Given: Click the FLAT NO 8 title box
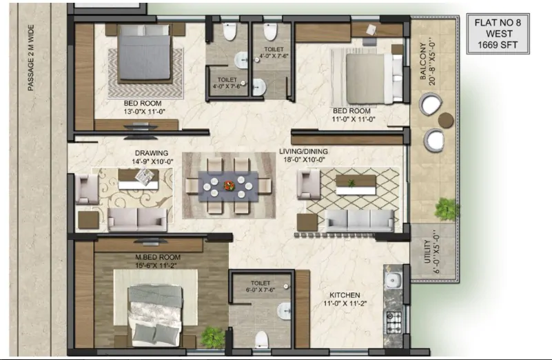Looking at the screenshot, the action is (x=498, y=34).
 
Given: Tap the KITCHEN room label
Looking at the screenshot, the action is (x=345, y=295).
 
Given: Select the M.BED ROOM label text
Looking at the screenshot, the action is (x=158, y=257).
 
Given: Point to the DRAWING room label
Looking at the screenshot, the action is (x=152, y=153).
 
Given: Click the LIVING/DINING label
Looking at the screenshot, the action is (x=303, y=152).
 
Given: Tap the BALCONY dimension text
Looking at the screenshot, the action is (x=427, y=63).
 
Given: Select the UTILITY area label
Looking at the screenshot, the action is (x=427, y=252).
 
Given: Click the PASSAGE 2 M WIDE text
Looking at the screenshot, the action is (x=31, y=58).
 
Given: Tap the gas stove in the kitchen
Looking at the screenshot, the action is (x=394, y=322).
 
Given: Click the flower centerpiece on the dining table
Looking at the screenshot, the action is (x=229, y=186).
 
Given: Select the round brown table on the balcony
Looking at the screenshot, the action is (x=446, y=120).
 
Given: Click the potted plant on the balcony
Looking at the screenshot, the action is (x=447, y=209).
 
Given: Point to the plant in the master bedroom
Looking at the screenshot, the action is (x=212, y=337).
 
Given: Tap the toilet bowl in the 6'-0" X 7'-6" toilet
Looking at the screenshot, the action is (x=262, y=339).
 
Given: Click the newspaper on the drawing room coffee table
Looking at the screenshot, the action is (x=145, y=176).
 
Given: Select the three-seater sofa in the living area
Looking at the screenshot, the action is (x=359, y=221).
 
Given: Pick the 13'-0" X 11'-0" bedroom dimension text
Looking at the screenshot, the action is (x=144, y=112).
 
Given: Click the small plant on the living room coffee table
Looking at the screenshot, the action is (x=351, y=183).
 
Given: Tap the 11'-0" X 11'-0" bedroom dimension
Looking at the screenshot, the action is (x=354, y=119).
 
